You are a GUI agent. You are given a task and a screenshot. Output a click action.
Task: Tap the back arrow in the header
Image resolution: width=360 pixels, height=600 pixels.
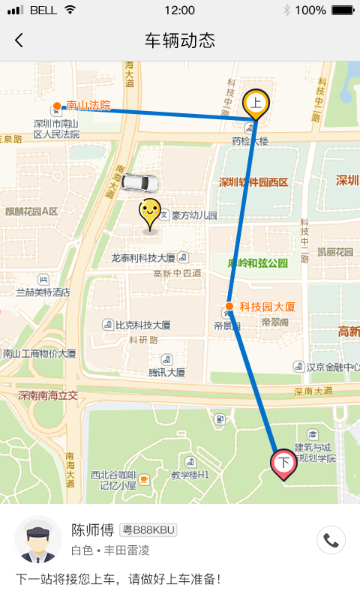click(19, 40)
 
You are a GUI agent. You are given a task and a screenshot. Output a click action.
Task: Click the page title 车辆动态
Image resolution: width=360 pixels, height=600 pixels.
click(179, 40)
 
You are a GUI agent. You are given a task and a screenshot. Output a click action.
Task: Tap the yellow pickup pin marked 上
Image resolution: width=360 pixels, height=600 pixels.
click(256, 103)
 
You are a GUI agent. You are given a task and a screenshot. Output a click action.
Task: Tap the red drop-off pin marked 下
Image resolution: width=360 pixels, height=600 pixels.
click(283, 463)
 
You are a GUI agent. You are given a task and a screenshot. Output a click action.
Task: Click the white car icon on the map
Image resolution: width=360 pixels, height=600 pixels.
click(139, 182)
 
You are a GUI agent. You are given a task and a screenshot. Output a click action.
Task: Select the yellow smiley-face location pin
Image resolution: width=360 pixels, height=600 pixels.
click(150, 212)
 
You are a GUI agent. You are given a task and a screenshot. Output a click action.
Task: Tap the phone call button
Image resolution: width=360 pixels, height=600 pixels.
click(331, 539)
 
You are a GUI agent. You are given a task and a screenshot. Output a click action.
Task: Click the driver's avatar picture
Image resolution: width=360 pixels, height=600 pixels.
click(37, 540)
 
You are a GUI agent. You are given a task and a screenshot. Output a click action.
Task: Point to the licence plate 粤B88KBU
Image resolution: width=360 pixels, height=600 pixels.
click(148, 530)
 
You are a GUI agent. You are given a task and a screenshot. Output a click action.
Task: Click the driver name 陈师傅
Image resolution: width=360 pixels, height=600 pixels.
click(92, 530)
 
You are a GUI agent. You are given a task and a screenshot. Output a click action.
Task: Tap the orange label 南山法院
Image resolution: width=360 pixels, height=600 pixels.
click(88, 106)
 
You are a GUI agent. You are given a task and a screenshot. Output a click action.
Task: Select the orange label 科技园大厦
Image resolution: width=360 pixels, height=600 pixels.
click(267, 307)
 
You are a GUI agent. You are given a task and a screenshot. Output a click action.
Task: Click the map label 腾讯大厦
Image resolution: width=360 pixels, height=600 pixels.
click(166, 372)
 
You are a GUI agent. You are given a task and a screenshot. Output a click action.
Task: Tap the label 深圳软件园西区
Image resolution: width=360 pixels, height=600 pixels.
click(253, 182)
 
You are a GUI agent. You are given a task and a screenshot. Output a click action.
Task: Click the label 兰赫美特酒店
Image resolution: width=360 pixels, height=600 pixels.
click(43, 292)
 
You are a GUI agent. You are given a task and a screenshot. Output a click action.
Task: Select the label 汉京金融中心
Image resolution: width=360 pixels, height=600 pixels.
click(330, 367)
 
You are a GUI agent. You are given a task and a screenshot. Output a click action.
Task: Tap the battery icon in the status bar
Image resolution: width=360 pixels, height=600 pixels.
click(342, 10)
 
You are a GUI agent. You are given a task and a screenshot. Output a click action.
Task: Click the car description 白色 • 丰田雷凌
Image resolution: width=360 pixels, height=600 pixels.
click(110, 550)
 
